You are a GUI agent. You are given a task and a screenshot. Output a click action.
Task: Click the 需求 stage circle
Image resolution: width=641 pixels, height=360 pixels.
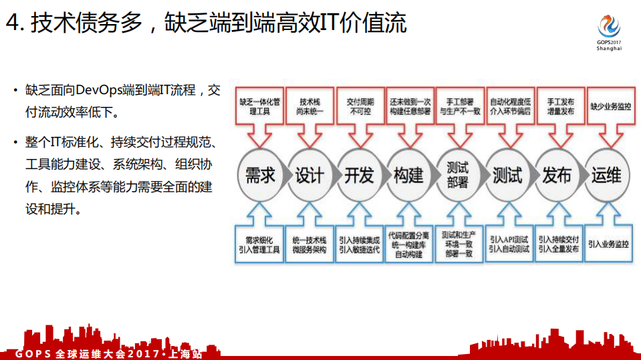(x=260, y=175)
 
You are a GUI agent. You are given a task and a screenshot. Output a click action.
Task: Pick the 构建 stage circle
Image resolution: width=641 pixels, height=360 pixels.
(x=408, y=175)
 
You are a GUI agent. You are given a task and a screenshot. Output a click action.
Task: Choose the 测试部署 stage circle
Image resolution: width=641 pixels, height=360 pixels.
(x=458, y=175)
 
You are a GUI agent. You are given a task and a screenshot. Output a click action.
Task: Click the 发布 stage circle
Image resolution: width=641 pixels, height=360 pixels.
(x=557, y=175)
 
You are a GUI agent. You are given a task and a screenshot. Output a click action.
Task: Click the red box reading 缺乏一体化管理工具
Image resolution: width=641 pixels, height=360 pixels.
(x=259, y=106)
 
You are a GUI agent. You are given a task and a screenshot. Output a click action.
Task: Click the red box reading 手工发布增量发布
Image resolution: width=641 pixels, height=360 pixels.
(x=559, y=106)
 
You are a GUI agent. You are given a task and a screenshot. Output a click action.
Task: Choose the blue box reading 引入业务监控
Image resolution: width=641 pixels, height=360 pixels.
(x=608, y=244)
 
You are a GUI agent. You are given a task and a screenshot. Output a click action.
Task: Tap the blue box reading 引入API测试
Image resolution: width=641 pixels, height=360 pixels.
(x=509, y=244)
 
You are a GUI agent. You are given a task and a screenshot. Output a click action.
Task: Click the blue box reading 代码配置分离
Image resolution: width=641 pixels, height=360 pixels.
(x=409, y=244)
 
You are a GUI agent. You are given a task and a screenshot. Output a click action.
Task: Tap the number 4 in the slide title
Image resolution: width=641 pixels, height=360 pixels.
(x=12, y=24)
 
